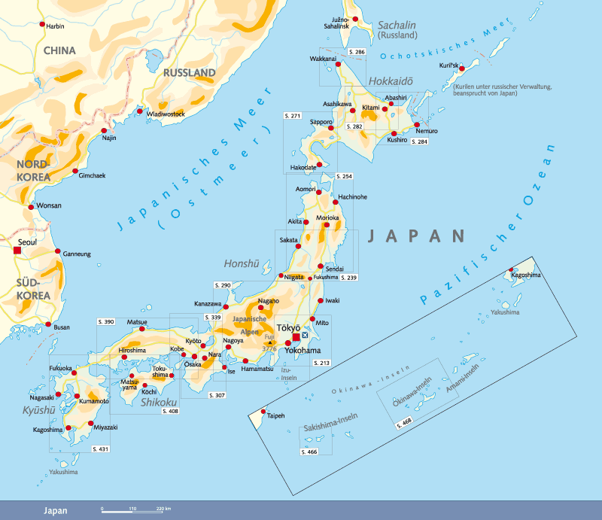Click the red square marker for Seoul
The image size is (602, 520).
17,250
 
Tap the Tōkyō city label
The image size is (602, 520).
288,328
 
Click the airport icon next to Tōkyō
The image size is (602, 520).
305,336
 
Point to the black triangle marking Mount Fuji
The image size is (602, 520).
269,342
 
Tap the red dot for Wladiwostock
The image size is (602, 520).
140,112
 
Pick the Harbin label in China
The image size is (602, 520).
56,26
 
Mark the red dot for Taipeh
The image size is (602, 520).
263,411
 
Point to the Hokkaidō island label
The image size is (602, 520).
388,81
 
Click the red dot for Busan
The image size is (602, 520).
50,326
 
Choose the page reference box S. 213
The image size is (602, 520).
321,363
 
